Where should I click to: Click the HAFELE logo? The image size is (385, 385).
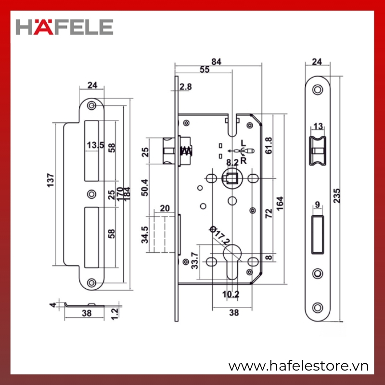coord(64,27)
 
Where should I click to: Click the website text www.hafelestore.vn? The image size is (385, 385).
coord(298,366)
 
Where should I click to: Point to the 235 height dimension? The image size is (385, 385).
coord(337,195)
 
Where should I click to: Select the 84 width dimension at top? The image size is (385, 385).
coord(216,62)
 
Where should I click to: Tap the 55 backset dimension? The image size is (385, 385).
coord(205,69)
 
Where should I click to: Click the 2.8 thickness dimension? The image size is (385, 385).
coord(185,87)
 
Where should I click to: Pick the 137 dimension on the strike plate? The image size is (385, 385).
coord(51,180)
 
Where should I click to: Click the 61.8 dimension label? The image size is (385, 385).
coord(269,146)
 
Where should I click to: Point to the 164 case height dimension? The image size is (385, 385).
coord(280,203)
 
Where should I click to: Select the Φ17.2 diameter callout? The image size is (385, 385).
coord(220,236)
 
